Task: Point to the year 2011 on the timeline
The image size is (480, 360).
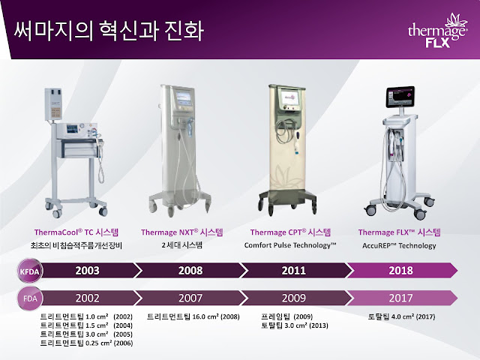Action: point(292,270)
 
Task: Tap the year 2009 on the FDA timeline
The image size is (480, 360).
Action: point(292,298)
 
